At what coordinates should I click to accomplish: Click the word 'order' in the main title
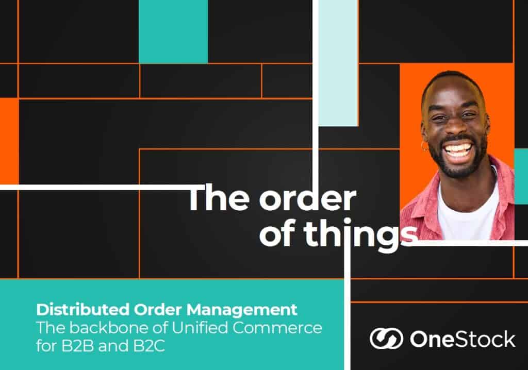coord(307,198)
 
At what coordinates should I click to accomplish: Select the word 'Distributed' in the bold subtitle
coord(82,310)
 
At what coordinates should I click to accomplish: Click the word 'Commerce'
coord(277,328)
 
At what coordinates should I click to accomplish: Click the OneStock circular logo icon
coord(386,339)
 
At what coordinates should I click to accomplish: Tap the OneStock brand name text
coord(463,339)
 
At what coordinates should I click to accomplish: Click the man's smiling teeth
coord(456,149)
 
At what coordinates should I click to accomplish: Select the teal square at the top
coord(173,31)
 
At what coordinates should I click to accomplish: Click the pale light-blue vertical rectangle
coord(338,63)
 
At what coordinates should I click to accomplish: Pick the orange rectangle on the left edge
coord(9,141)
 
